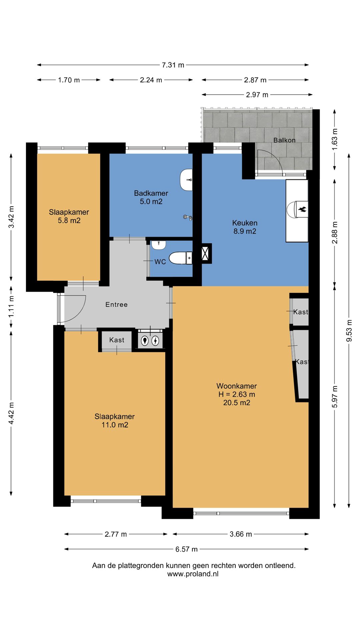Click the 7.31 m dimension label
(173, 65)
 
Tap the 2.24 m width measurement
(151, 80)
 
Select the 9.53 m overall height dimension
(349, 331)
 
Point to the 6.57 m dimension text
(187, 549)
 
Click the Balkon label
(284, 140)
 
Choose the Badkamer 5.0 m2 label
(151, 197)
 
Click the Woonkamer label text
(237, 386)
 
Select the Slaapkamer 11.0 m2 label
(115, 420)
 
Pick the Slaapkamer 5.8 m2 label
(69, 216)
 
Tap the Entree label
(117, 304)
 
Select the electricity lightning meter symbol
(156, 341)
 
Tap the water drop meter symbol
(145, 341)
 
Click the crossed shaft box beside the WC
(205, 253)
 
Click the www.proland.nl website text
(193, 574)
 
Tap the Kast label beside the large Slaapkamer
(117, 340)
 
